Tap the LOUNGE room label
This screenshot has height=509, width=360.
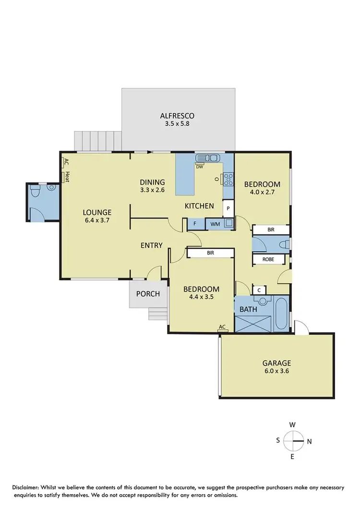[x=97, y=212]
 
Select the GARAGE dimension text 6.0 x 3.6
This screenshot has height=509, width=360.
[x=276, y=371]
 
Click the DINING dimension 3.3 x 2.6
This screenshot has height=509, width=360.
[x=152, y=190]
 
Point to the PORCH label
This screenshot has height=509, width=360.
[x=148, y=293]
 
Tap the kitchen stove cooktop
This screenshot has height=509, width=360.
[x=227, y=179]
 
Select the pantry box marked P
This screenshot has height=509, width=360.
[x=228, y=209]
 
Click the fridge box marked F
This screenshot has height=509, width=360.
[x=194, y=223]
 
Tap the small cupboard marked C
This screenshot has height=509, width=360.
[x=259, y=290]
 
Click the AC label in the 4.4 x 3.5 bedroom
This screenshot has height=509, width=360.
[x=222, y=327]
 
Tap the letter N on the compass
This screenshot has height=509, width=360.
[x=309, y=441]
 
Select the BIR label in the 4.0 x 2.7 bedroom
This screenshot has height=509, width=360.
[x=271, y=230]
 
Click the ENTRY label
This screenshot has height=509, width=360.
[x=151, y=245]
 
